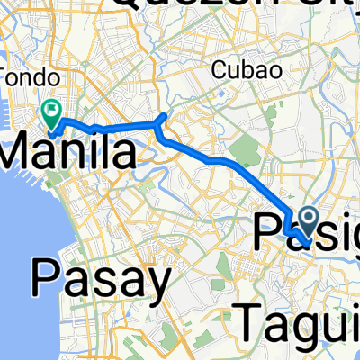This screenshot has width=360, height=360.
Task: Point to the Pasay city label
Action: click(101, 280)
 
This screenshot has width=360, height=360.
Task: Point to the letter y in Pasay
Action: click(155, 286)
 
